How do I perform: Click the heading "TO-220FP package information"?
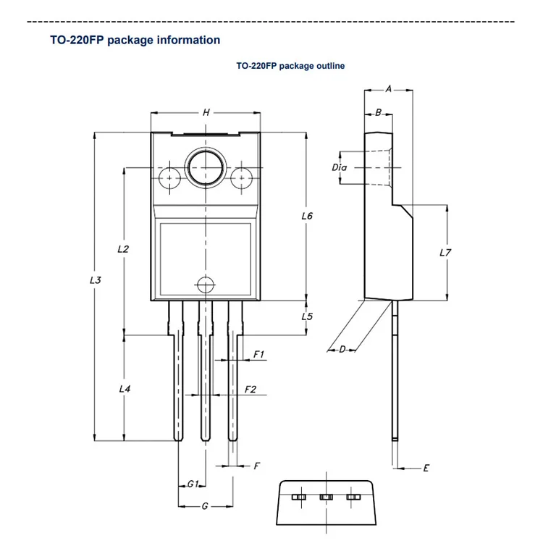tap(135, 41)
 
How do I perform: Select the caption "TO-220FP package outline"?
tap(290, 66)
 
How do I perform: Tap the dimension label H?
tap(206, 113)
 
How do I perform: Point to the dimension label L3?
tap(96, 280)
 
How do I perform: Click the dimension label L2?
tap(124, 248)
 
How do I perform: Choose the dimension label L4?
tap(125, 389)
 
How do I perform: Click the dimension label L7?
tap(446, 253)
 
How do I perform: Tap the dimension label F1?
tap(258, 355)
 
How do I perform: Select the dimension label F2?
tap(251, 390)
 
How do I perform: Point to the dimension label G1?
tap(193, 484)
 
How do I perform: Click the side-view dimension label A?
tap(388, 89)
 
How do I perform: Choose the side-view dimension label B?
tap(378, 113)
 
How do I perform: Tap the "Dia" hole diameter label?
tap(340, 167)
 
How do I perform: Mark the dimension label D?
tap(342, 350)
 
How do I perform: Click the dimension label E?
tap(426, 469)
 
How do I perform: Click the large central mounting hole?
tap(206, 168)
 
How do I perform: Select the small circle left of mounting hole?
tap(169, 177)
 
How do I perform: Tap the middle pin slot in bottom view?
tap(326, 497)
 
